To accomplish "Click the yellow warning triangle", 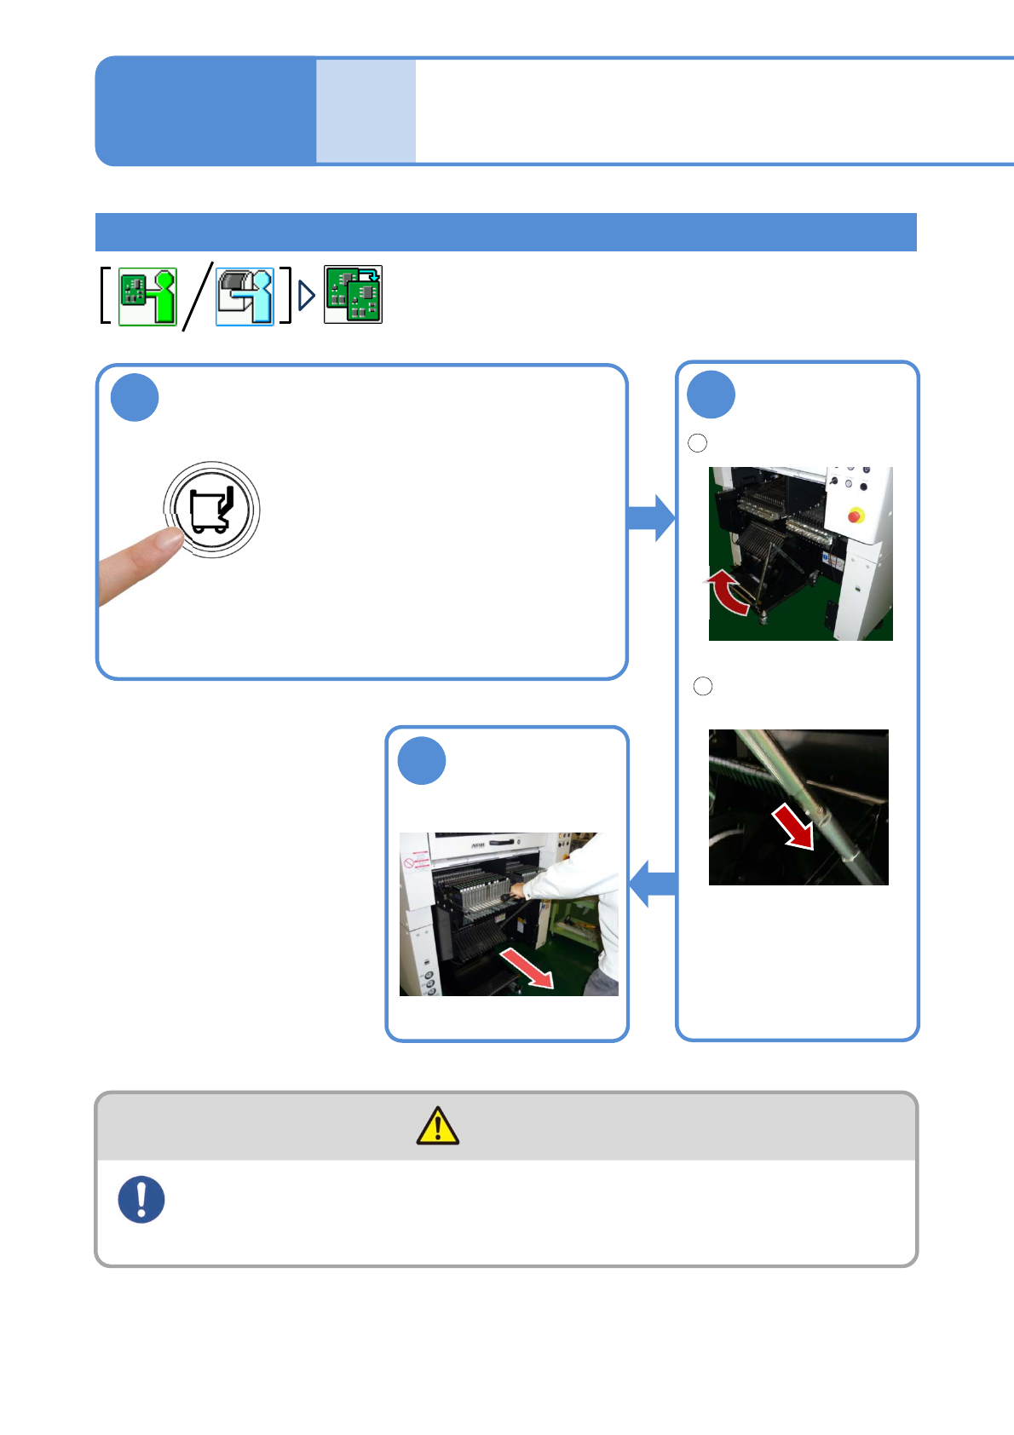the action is pos(438,1126).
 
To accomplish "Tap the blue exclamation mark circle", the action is pos(141,1200).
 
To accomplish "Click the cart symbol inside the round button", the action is pos(211,510).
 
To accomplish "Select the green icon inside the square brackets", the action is pos(147,296).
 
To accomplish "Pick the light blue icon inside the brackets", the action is pos(245,296).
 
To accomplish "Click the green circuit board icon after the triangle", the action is pos(353,295).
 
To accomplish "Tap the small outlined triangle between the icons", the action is pos(307,296).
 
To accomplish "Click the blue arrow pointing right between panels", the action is pos(652,517).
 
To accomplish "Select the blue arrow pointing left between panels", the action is pos(653,884).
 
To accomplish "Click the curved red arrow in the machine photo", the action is pos(727,593).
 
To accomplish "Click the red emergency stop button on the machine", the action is pos(856,515).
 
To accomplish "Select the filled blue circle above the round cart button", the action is pos(135,397).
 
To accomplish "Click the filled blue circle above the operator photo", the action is pos(422,760).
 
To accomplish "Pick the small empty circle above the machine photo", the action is pos(697,442).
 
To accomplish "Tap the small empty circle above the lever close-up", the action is pos(703,686).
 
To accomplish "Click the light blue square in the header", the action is pos(366,111).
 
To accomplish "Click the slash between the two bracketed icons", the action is pos(197,296).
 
